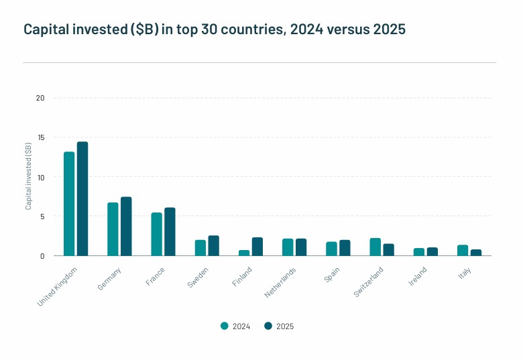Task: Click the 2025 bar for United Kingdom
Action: pyautogui.click(x=82, y=198)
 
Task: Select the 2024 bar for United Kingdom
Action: pyautogui.click(x=69, y=204)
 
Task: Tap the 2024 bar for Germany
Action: pyautogui.click(x=113, y=229)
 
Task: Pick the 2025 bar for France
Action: pyautogui.click(x=170, y=232)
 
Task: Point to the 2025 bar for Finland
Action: pyautogui.click(x=257, y=247)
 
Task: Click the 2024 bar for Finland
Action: pyautogui.click(x=244, y=253)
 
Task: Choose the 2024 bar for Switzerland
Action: pyautogui.click(x=375, y=247)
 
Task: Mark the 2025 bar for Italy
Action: pyautogui.click(x=476, y=253)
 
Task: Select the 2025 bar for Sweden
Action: pyautogui.click(x=213, y=245)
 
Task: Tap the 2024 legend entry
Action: pyautogui.click(x=235, y=326)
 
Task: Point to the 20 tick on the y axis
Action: pyautogui.click(x=40, y=98)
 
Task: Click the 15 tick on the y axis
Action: pyautogui.click(x=40, y=137)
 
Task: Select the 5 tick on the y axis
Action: pyautogui.click(x=42, y=217)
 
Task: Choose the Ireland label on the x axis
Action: pyautogui.click(x=418, y=277)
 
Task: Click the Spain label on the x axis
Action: pyautogui.click(x=331, y=276)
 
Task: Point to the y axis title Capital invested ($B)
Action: pyautogui.click(x=29, y=176)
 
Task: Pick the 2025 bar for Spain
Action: pyautogui.click(x=345, y=248)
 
